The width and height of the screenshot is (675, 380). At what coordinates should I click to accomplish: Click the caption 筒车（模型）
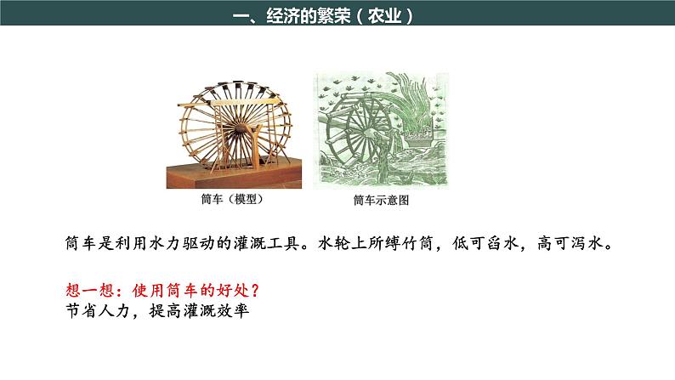click(230, 201)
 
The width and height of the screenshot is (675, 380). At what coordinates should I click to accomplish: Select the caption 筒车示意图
click(381, 201)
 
